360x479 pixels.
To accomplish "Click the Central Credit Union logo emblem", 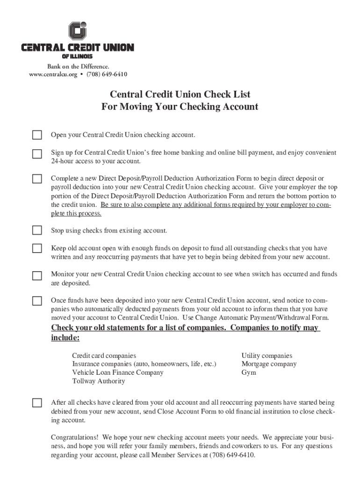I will tap(78, 31).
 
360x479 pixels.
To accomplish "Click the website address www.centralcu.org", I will tap(52, 74).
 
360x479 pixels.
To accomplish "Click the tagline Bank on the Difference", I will tap(78, 66).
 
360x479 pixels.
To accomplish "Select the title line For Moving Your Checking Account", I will tap(180, 107).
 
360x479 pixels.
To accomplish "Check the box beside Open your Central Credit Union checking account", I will tap(37, 135).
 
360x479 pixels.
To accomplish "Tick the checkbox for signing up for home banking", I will tap(37, 154).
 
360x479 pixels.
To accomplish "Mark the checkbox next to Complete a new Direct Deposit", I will tap(37, 179).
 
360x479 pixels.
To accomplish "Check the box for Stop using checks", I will tap(37, 230).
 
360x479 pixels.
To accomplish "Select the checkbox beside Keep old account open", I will tap(37, 248).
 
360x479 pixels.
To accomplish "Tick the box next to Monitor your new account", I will tap(37, 275).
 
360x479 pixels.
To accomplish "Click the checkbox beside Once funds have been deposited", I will tap(37, 301).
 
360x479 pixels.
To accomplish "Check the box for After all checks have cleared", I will tap(37, 403).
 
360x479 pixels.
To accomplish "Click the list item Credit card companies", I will tap(104, 356).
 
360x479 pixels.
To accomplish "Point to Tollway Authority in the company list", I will tap(99, 381).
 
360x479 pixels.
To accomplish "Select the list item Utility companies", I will tap(266, 356).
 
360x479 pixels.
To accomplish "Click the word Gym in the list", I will tap(249, 373).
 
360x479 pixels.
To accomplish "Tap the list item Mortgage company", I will tap(269, 364).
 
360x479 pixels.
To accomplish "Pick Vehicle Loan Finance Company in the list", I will tap(118, 373).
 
